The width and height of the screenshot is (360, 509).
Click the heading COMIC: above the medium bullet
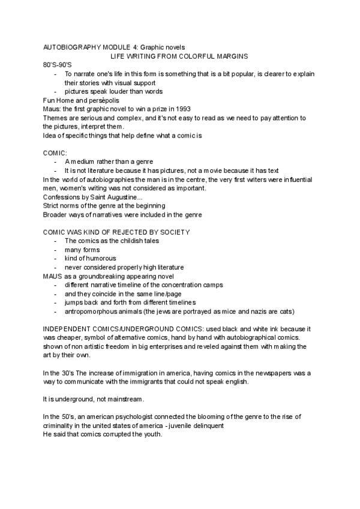tap(55, 153)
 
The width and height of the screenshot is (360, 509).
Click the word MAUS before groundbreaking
tap(53, 276)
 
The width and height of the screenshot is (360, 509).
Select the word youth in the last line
tap(152, 435)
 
